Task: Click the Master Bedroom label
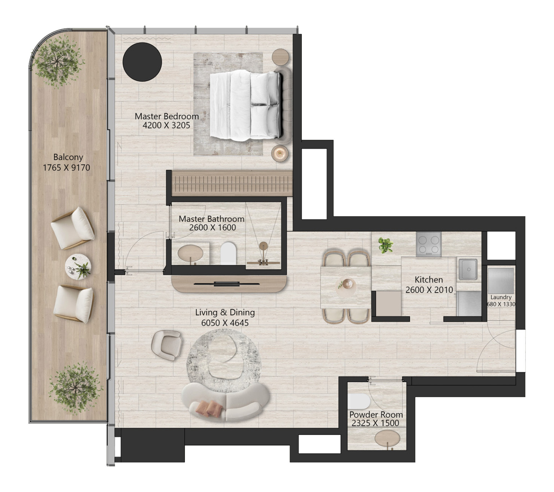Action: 166,116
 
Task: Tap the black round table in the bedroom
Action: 142,61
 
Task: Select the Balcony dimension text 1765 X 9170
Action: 67,167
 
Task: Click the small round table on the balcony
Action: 78,267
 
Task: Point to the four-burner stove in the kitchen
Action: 428,244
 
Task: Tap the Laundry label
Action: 501,297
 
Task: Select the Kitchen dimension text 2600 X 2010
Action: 429,290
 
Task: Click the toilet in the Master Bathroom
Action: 228,253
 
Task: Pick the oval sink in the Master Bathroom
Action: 190,253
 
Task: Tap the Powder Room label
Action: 376,414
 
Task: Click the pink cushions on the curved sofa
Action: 208,409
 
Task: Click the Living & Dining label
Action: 225,312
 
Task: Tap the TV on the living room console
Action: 227,284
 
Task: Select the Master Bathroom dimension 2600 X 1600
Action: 212,227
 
